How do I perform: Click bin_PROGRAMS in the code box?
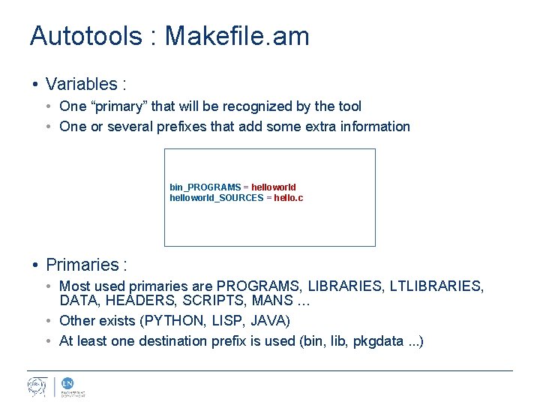coord(205,187)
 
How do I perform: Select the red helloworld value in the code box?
coord(274,187)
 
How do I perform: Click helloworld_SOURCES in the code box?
coord(216,198)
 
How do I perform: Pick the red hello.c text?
coord(289,198)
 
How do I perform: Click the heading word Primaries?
coord(82,265)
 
